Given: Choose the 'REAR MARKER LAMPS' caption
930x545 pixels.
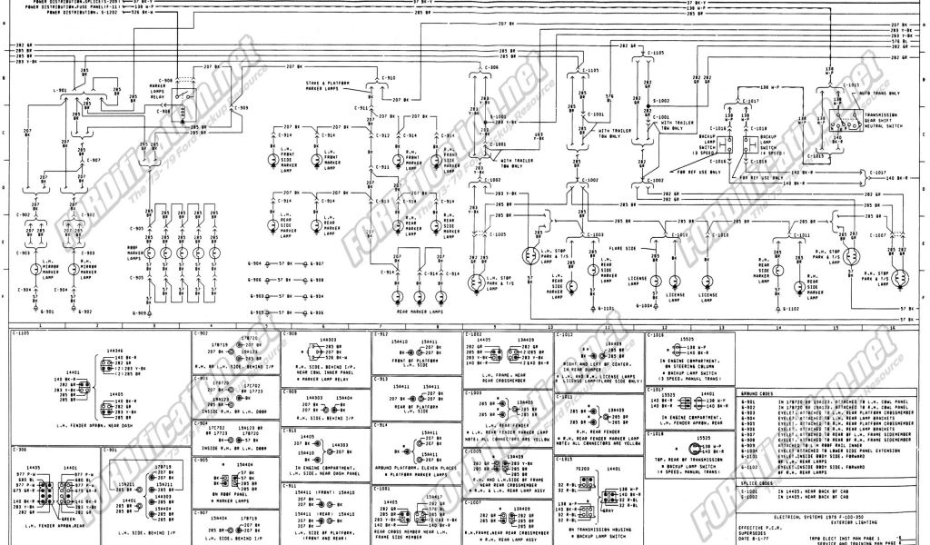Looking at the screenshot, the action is [419, 312].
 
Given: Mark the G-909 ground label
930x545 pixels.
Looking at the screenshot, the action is [140, 313].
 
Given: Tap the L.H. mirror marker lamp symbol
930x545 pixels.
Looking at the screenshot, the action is [37, 268].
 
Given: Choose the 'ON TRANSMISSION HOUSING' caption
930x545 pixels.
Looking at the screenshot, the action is [596, 529].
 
